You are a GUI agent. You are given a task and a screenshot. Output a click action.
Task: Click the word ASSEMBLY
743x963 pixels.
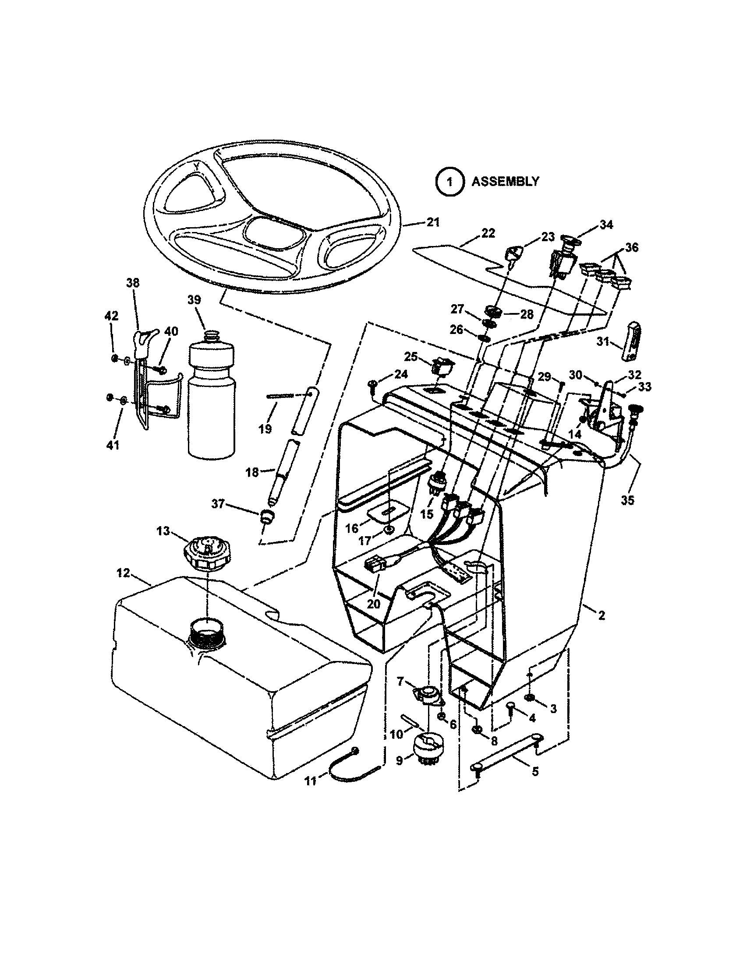click(x=505, y=181)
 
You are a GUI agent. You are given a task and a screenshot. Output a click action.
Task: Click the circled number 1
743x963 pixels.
click(x=449, y=181)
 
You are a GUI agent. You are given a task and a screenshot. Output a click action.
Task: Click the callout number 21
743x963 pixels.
click(x=433, y=222)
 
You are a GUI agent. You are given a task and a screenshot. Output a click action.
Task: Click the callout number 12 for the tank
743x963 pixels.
click(x=123, y=573)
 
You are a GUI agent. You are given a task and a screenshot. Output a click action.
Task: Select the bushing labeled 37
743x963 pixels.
click(x=266, y=516)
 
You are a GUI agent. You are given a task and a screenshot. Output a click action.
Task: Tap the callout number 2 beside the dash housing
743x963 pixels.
click(x=601, y=615)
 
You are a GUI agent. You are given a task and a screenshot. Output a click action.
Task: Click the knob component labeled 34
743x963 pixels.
click(x=568, y=241)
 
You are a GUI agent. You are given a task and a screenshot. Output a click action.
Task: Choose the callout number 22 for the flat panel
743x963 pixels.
click(x=488, y=233)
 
